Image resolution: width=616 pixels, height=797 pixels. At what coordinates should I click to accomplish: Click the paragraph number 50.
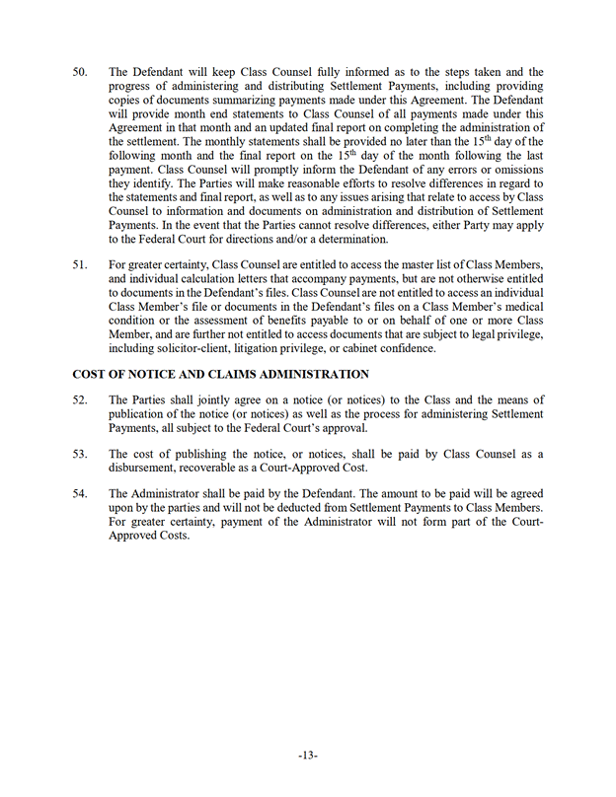[80, 72]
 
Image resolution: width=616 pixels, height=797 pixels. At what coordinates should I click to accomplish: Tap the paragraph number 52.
[80, 399]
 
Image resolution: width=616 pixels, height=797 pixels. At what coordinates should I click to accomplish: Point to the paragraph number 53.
[80, 453]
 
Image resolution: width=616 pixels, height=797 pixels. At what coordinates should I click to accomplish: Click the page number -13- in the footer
[307, 756]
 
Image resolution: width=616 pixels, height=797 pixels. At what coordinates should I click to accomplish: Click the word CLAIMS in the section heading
[224, 375]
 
